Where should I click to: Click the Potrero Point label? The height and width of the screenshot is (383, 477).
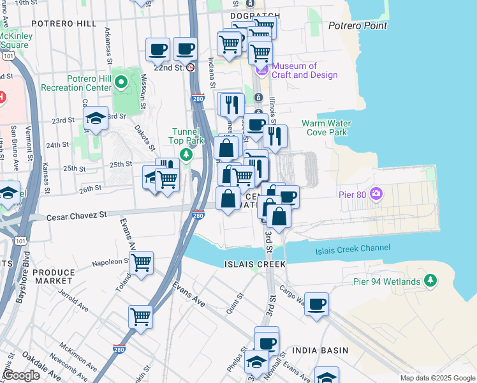(x=357, y=26)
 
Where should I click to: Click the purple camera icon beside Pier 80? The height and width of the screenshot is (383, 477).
(x=376, y=193)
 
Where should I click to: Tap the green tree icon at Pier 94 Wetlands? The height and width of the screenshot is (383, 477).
(x=431, y=280)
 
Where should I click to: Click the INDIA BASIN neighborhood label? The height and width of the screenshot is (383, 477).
(x=320, y=350)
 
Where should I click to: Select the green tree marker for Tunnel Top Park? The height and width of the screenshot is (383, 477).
(x=186, y=154)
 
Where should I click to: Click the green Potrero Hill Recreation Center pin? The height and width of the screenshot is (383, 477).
(x=122, y=82)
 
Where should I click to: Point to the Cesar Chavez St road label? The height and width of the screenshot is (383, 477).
(x=77, y=217)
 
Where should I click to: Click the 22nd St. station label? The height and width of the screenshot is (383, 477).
(x=168, y=66)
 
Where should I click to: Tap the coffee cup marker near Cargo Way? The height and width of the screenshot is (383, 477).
(x=316, y=304)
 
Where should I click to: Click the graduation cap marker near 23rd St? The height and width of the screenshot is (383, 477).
(x=96, y=117)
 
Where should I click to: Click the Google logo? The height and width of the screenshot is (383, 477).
(x=22, y=375)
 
